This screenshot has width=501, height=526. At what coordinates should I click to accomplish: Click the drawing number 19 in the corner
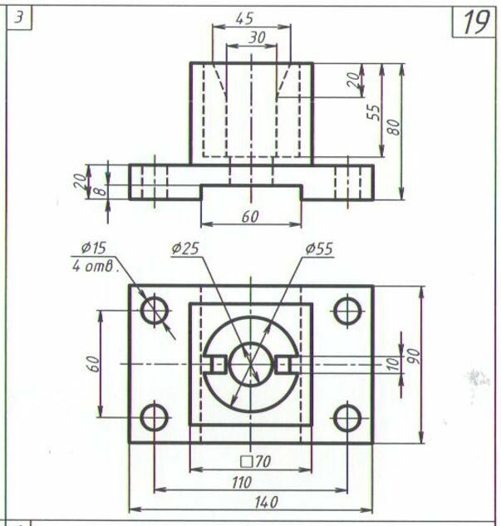tap(476, 22)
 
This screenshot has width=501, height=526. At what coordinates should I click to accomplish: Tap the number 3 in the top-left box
tap(19, 17)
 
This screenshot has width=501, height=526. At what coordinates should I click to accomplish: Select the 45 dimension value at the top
tap(244, 19)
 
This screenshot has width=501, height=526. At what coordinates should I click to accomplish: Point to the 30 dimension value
tap(257, 37)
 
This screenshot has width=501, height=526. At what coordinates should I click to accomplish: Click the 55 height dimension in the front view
tap(374, 113)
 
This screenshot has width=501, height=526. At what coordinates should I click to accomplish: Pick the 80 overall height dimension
tap(394, 127)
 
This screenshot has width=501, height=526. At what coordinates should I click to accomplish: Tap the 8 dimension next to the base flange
tap(100, 192)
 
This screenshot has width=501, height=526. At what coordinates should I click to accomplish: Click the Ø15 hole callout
tap(94, 248)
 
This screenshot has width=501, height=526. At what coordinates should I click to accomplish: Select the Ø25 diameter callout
tap(185, 248)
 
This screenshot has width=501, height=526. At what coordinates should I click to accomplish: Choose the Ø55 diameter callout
tap(319, 248)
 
